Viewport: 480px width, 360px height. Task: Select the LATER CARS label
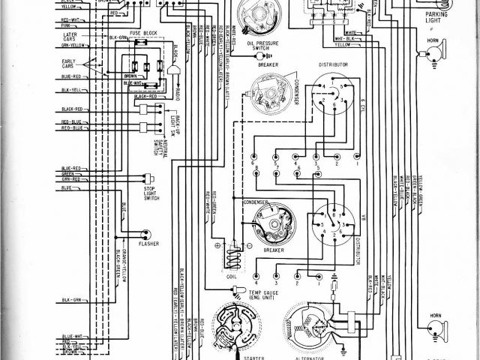[x=71, y=37]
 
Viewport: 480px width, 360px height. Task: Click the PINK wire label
[x=66, y=25]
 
